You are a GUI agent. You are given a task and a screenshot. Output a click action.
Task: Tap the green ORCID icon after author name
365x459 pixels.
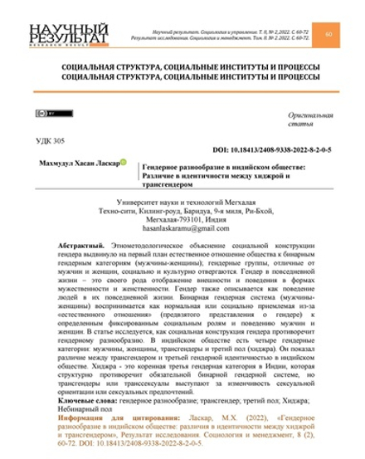[124, 163]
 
